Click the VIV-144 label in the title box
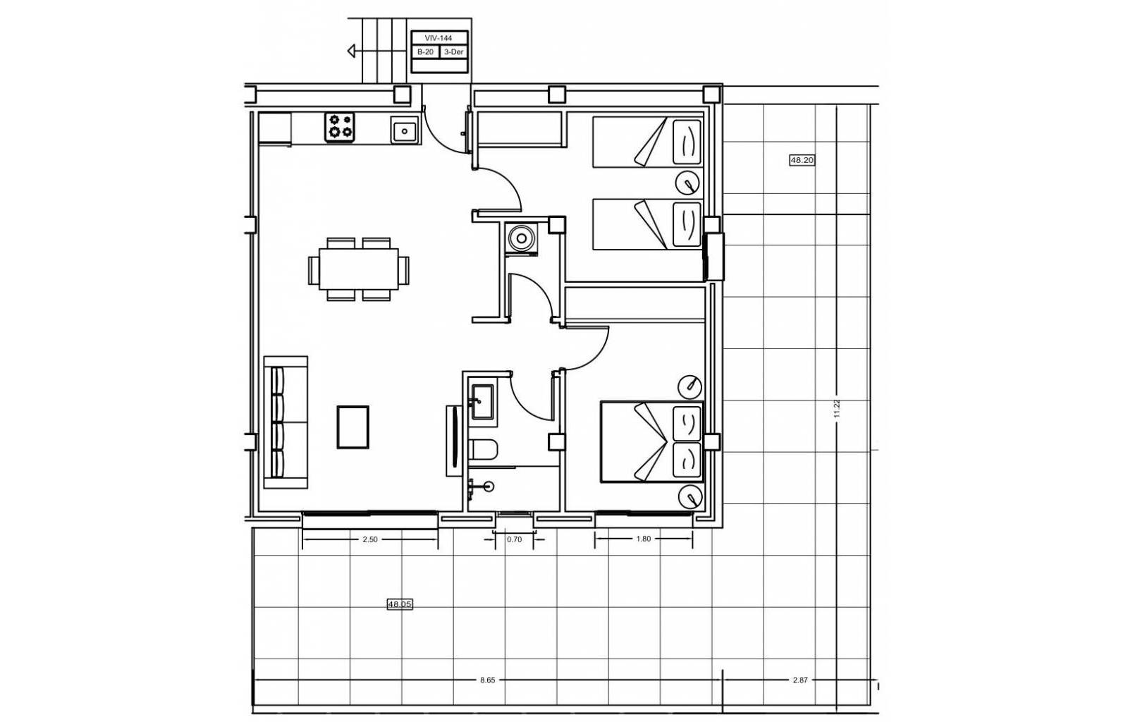pyautogui.click(x=439, y=38)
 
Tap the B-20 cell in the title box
pyautogui.click(x=426, y=52)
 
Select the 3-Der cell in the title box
pyautogui.click(x=454, y=52)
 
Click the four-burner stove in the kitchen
pyautogui.click(x=340, y=127)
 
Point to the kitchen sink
pyautogui.click(x=405, y=130)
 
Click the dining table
pyautogui.click(x=359, y=269)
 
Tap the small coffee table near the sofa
pyautogui.click(x=353, y=427)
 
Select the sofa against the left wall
pyautogui.click(x=286, y=422)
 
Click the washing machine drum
pyautogui.click(x=521, y=237)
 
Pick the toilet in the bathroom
pyautogui.click(x=483, y=449)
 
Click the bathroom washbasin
pyautogui.click(x=482, y=402)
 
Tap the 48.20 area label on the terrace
pyautogui.click(x=802, y=160)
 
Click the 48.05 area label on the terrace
pyautogui.click(x=400, y=604)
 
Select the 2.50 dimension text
pyautogui.click(x=370, y=539)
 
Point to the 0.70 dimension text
pyautogui.click(x=514, y=539)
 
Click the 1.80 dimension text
pyautogui.click(x=644, y=539)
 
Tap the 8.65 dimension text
pyautogui.click(x=487, y=680)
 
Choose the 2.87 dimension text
pyautogui.click(x=800, y=680)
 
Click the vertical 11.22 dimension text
pyautogui.click(x=837, y=408)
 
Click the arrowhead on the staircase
pyautogui.click(x=351, y=51)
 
